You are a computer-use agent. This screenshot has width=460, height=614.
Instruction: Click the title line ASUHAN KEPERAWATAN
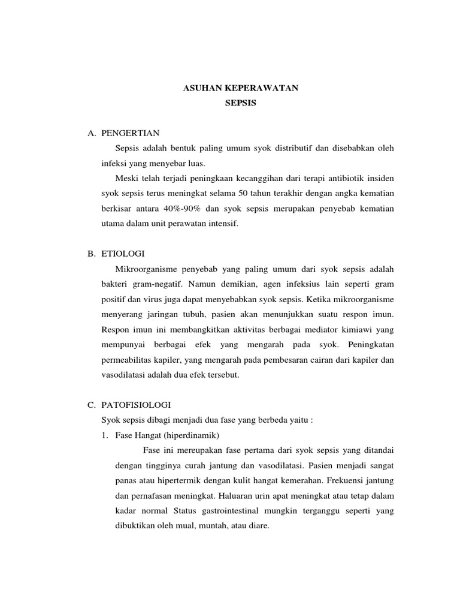(x=240, y=88)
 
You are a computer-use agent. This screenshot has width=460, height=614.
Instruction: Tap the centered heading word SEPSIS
(x=240, y=103)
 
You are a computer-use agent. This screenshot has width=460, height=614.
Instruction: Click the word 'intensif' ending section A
(x=222, y=224)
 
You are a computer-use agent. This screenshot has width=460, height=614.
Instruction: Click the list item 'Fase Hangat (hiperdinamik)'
(x=161, y=435)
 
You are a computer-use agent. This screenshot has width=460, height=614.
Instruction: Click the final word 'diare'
(x=259, y=526)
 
